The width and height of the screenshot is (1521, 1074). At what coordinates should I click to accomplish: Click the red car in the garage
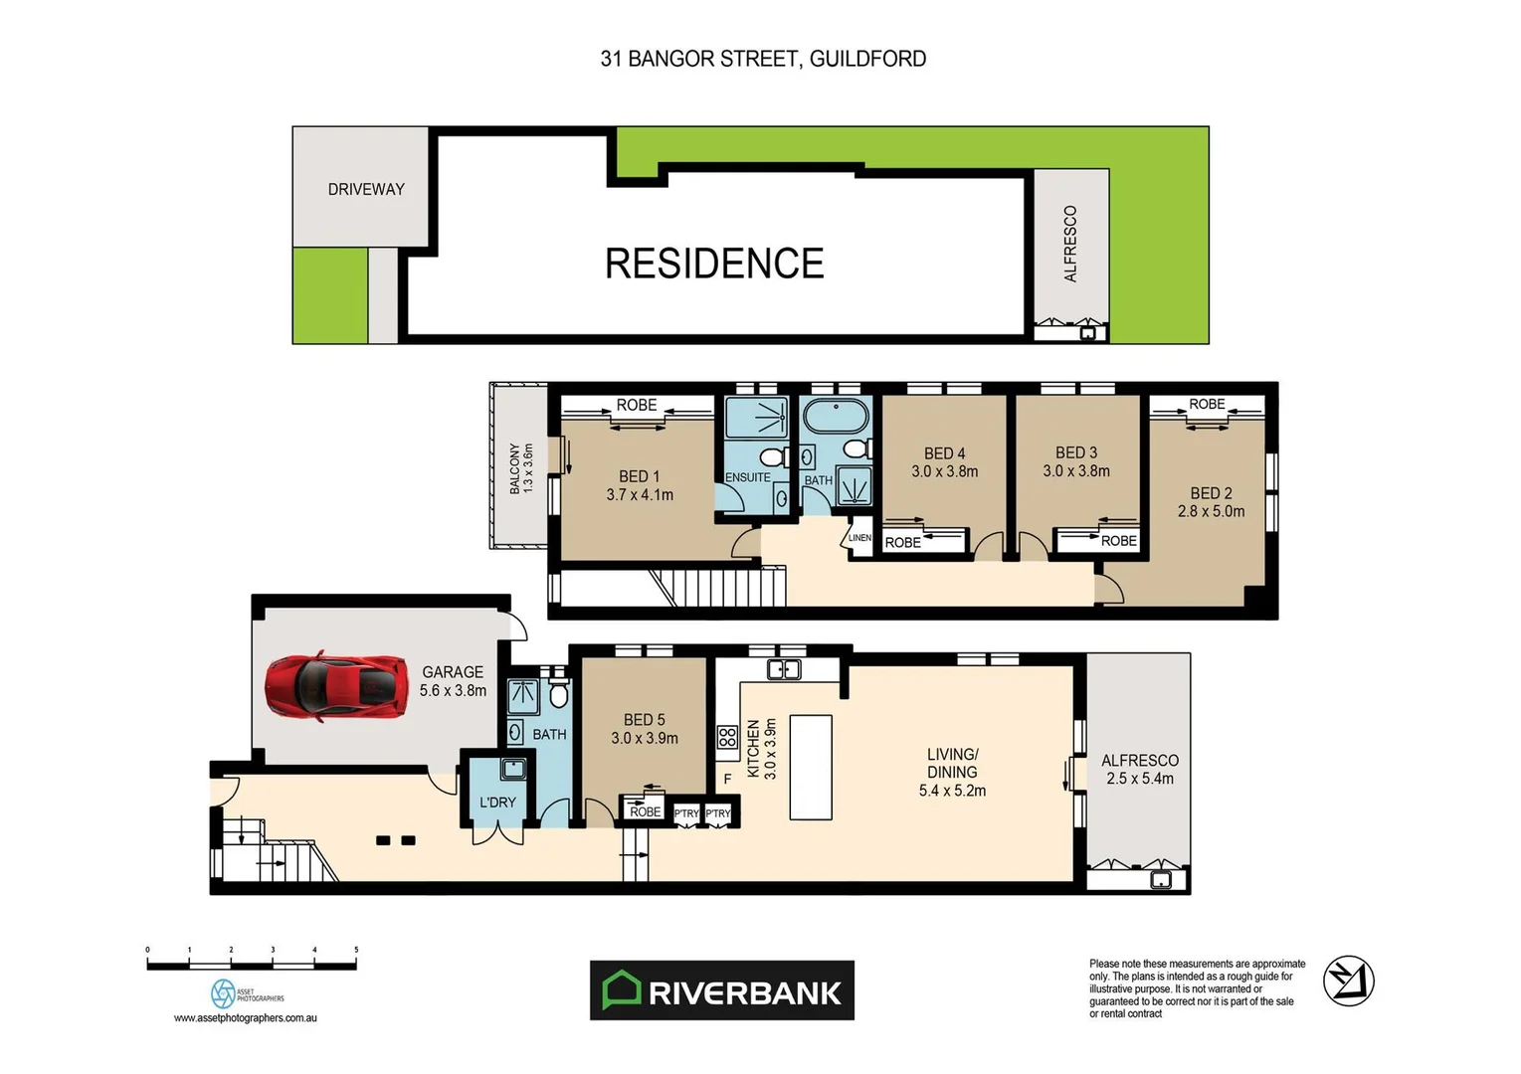tap(336, 687)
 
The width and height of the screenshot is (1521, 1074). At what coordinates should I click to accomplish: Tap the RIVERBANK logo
tap(721, 990)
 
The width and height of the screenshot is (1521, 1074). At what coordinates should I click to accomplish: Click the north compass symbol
tap(1348, 981)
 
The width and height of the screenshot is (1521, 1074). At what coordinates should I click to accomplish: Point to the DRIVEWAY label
tap(366, 189)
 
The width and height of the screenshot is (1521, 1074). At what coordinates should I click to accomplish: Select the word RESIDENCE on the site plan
tap(714, 264)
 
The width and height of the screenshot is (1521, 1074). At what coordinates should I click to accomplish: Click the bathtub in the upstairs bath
tap(836, 415)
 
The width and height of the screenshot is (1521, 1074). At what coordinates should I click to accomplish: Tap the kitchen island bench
tap(811, 767)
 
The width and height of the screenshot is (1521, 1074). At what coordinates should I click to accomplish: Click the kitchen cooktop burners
tap(727, 737)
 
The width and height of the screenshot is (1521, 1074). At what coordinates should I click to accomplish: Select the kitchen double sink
tap(784, 669)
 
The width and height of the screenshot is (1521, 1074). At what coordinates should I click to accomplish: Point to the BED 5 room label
tap(645, 719)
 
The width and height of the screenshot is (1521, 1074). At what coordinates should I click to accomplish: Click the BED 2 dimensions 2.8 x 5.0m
tap(1211, 511)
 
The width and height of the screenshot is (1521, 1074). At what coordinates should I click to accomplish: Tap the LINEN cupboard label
tap(859, 538)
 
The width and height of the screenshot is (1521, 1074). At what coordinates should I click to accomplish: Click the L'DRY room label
tap(497, 803)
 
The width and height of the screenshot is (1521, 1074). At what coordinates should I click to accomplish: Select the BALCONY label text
tap(514, 468)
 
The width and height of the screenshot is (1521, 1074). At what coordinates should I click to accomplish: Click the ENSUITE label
tap(748, 477)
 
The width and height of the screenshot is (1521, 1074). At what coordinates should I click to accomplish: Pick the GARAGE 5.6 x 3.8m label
tap(453, 681)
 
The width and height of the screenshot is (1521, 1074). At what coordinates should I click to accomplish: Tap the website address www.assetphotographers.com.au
tap(246, 1017)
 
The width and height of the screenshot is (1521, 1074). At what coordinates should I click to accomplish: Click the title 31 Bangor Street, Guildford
tap(763, 59)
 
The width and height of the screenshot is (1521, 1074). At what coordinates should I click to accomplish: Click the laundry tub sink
tap(513, 768)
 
